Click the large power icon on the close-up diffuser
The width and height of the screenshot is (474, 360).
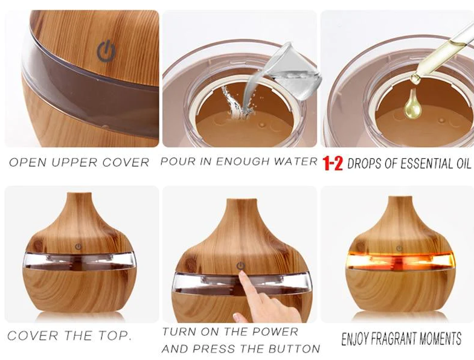tap(106, 52)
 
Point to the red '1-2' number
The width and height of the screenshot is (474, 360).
tap(333, 163)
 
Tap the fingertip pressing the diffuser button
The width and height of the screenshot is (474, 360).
tap(243, 275)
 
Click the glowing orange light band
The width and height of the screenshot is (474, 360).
tap(401, 259)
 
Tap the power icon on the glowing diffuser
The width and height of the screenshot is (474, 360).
tap(399, 248)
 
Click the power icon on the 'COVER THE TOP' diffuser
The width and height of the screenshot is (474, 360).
tap(78, 247)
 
